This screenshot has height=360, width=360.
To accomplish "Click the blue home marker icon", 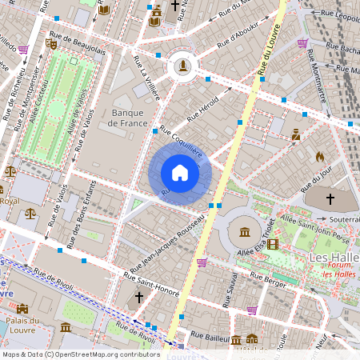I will [180, 173].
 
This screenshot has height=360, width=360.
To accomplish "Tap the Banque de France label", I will [132, 118].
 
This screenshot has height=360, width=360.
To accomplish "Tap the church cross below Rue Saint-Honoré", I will [139, 298].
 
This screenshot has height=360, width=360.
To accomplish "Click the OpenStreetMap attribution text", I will [80, 354].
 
